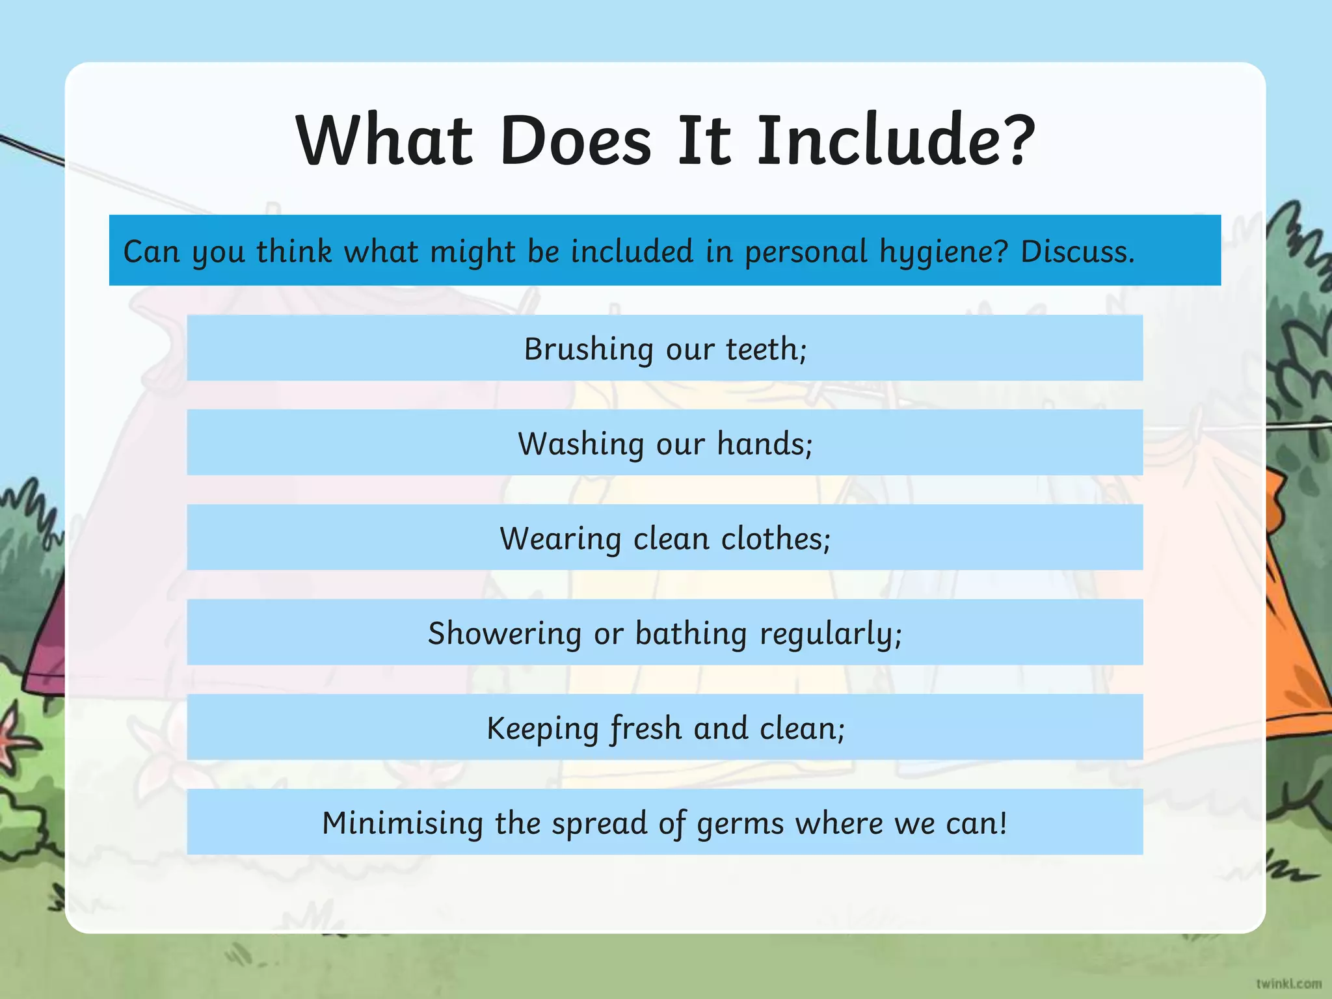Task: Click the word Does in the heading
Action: click(575, 140)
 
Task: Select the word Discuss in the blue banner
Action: click(1076, 251)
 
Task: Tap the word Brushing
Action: click(589, 349)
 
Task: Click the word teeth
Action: click(765, 349)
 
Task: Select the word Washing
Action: click(580, 444)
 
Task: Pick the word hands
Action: click(764, 444)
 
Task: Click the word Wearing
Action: click(560, 539)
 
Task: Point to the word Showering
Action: click(505, 634)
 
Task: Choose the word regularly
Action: click(830, 634)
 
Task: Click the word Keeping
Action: click(542, 729)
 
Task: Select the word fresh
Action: click(646, 729)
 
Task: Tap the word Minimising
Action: click(402, 823)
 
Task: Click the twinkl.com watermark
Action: click(1288, 983)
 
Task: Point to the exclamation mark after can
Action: click(1004, 823)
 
